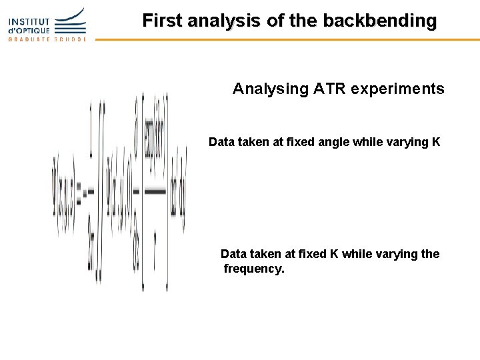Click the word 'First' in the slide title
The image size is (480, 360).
point(163,21)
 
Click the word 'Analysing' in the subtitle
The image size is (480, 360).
point(270,89)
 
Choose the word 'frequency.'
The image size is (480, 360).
point(254,269)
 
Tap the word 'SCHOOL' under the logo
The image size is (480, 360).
point(70,39)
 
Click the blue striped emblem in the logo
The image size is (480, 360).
point(70,21)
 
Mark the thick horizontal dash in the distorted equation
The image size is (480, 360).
point(155,192)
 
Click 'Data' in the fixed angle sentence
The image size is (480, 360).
point(221,142)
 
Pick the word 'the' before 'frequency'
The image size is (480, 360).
point(430,254)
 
